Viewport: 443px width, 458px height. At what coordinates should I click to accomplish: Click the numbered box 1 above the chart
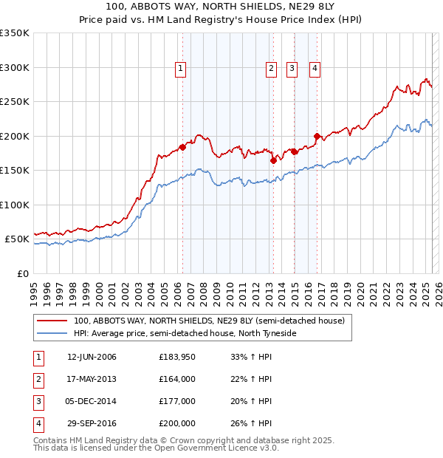click(x=181, y=69)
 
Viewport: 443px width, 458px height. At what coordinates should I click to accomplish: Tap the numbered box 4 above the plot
click(x=315, y=69)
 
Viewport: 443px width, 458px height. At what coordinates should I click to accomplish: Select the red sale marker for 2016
click(x=317, y=136)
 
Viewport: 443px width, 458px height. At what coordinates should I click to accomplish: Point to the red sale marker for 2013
click(x=272, y=160)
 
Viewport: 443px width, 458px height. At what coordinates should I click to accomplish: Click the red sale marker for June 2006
click(x=182, y=146)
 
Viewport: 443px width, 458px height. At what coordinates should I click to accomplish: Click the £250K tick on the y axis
click(x=15, y=102)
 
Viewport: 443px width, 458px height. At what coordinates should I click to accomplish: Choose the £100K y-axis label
click(x=15, y=205)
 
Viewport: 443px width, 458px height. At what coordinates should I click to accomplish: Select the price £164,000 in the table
click(x=177, y=380)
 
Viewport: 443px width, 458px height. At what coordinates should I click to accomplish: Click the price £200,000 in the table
click(x=177, y=424)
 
